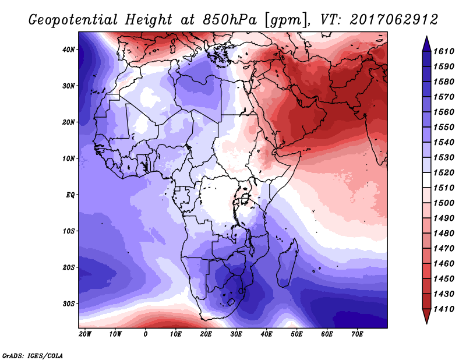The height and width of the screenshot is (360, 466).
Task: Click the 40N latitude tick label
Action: (x=68, y=50)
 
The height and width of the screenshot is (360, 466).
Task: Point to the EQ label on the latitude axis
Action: (x=70, y=195)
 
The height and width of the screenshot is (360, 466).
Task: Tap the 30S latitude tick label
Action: (x=68, y=304)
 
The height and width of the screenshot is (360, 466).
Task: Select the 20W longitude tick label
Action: (x=85, y=334)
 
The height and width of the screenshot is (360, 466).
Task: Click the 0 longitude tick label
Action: (x=145, y=334)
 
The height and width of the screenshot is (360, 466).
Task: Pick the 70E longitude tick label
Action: (x=357, y=334)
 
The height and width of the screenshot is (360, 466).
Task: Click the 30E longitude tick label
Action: (x=236, y=334)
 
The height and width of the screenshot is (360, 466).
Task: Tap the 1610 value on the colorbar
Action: (x=444, y=51)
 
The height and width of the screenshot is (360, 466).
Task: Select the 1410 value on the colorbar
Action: (x=444, y=309)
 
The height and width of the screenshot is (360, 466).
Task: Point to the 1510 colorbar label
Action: (x=444, y=188)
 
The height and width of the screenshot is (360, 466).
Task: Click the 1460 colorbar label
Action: (x=444, y=264)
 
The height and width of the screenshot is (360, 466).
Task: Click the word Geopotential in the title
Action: (x=73, y=20)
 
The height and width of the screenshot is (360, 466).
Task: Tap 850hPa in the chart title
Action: (x=230, y=20)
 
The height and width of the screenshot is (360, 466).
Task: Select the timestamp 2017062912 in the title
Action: (x=394, y=20)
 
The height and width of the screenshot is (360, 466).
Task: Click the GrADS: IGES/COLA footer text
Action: (x=33, y=356)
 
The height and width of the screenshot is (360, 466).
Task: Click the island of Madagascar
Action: (x=287, y=264)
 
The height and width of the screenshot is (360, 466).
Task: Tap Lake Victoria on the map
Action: (x=245, y=197)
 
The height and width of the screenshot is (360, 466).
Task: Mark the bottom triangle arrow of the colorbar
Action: (x=426, y=316)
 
